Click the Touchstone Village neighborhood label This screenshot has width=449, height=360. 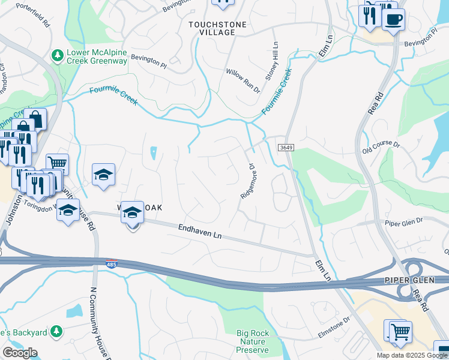(211, 28)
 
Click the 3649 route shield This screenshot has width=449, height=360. (285, 147)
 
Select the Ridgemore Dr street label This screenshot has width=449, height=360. (248, 182)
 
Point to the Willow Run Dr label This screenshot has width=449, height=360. (243, 80)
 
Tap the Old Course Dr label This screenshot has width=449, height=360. (381, 148)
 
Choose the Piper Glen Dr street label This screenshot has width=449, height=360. (404, 221)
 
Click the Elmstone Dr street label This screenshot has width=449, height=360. (333, 329)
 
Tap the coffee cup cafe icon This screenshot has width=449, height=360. (393, 19)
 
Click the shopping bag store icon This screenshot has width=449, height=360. (35, 119)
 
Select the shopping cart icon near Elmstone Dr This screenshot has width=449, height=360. (400, 331)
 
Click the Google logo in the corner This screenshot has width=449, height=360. (20, 353)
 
